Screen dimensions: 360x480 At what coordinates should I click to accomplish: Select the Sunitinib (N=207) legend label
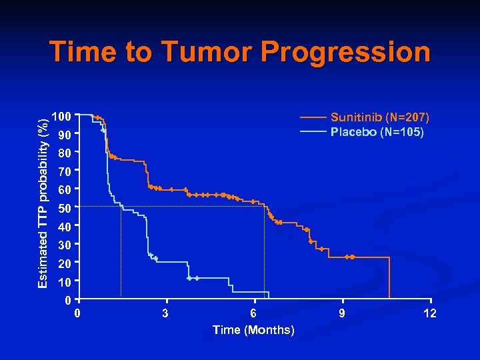coord(380,117)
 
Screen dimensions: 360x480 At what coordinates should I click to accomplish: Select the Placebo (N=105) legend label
coord(377,132)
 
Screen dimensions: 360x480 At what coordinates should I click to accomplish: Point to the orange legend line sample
coord(313,117)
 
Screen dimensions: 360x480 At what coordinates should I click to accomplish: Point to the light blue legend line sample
coord(313,132)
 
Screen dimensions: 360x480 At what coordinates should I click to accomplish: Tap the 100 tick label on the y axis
coord(62,117)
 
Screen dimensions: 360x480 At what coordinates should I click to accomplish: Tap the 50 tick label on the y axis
coord(65,209)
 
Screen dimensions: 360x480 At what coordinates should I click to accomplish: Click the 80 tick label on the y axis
coord(65,153)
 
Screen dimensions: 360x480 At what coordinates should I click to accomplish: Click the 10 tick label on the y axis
coord(65,282)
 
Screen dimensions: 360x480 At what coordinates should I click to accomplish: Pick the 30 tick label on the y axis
coord(65,245)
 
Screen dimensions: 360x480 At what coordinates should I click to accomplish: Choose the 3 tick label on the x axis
coord(165,313)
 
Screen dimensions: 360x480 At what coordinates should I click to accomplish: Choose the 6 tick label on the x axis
coord(253,313)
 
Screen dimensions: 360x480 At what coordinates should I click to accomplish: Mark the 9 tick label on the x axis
coord(342,313)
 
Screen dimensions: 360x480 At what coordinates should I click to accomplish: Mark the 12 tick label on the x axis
coord(430,313)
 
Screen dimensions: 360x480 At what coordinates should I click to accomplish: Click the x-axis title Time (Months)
coord(253,330)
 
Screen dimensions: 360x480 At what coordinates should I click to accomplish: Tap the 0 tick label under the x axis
coord(78,313)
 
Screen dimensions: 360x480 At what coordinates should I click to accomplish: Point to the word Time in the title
coord(83,52)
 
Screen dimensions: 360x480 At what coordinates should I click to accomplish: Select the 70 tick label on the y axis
coord(65,172)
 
